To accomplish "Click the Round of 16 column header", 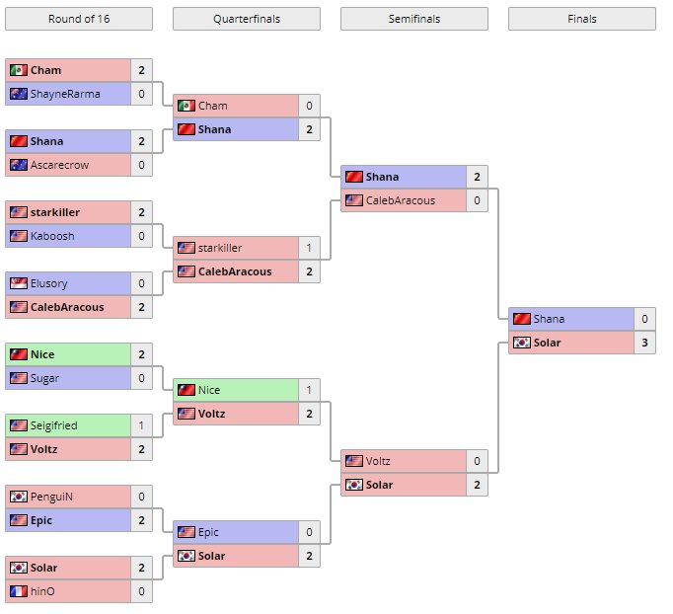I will pos(79,19).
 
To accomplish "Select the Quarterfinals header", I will pos(247,19).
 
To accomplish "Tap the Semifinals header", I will pos(414,19).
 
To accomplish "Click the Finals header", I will pos(582,19).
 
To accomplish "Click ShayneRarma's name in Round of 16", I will pos(65,94).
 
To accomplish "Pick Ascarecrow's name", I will pos(59,165).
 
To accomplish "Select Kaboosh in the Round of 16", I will pos(52,236).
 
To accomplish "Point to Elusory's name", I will pos(49,283).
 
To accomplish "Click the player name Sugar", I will pos(45,378).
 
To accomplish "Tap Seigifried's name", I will pos(53,425).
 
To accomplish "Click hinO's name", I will pos(42,591).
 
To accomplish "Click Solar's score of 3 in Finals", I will pos(644,343).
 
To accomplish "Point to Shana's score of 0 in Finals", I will pos(644,319).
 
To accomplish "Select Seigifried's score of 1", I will pos(141,425).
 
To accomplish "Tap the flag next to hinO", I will pos(18,591).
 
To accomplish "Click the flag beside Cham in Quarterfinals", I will pos(186,106).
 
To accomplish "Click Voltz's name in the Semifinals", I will pos(378,461).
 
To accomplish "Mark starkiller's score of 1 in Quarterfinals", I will pos(309,248).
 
